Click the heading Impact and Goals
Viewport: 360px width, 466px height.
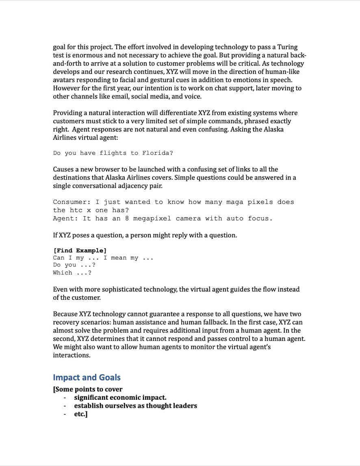87,377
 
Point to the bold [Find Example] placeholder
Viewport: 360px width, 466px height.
80,250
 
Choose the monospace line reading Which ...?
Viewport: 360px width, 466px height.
72,273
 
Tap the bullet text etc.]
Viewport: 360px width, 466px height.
80,414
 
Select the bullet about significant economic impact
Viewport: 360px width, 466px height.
120,398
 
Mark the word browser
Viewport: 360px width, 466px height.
109,169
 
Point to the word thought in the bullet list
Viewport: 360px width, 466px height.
159,406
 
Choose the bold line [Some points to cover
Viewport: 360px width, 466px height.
87,389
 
